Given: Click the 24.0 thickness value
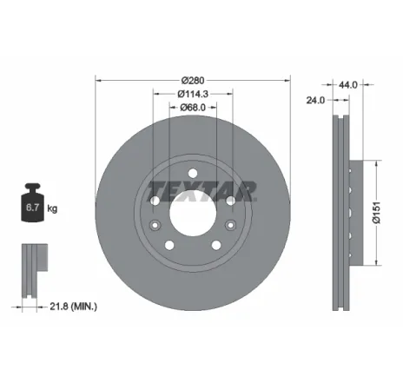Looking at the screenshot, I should click(315, 100).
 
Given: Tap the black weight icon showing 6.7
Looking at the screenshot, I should click(32, 207).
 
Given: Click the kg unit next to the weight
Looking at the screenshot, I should click(52, 209).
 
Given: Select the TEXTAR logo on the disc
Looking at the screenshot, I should click(201, 189).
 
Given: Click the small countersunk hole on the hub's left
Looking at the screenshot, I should click(153, 227).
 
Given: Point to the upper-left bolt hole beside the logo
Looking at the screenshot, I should click(155, 201).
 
